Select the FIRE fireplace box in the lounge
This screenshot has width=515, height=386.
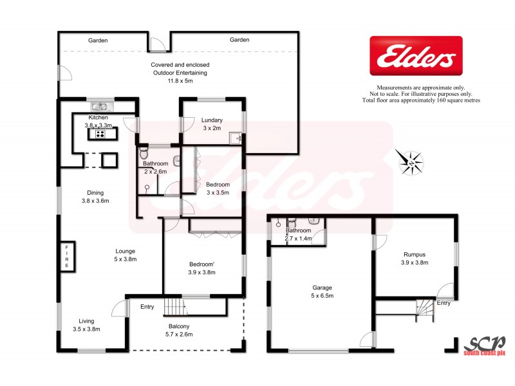(x=66, y=257)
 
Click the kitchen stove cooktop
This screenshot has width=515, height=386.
(x=100, y=134)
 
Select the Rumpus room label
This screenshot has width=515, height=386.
(x=414, y=258)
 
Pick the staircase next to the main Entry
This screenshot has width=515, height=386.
(x=172, y=307)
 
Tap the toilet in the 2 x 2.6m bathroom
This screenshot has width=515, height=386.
(x=144, y=154)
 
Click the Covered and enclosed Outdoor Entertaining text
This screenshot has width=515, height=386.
(x=180, y=73)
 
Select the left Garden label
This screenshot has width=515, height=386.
(x=98, y=41)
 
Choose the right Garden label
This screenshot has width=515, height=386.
(x=239, y=41)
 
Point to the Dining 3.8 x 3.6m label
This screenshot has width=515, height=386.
(x=95, y=196)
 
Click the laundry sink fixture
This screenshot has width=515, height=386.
(x=238, y=138)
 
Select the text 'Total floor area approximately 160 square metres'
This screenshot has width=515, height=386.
(x=421, y=100)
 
